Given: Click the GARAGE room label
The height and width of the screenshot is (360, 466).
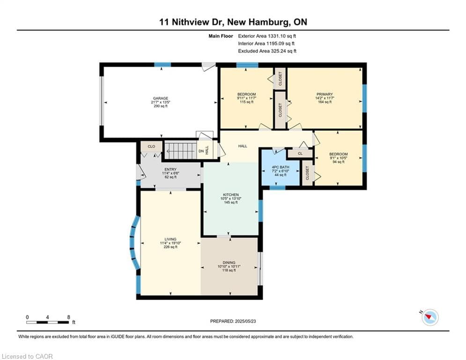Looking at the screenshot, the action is click(x=161, y=98).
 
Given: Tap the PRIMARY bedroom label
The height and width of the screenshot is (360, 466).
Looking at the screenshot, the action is click(x=325, y=94).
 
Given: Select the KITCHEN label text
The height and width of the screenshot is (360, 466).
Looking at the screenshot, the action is click(x=230, y=195).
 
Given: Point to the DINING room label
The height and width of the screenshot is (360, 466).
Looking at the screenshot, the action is click(x=229, y=262).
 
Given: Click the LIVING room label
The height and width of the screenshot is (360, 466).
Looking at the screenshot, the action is click(x=170, y=239).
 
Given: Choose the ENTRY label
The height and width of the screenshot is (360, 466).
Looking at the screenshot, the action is click(x=170, y=170).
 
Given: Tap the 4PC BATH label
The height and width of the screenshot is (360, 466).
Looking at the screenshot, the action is click(x=280, y=167).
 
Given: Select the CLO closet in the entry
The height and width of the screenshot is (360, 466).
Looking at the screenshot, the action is click(x=151, y=146).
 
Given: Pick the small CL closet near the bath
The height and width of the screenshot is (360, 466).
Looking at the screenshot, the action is click(x=300, y=154).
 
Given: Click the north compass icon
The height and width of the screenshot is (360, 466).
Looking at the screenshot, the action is click(x=430, y=317).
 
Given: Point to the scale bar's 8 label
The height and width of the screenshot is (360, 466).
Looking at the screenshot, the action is click(x=69, y=317).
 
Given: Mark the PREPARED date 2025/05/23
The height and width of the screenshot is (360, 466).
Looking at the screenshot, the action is click(x=245, y=321).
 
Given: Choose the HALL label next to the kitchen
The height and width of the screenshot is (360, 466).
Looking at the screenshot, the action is click(x=243, y=146).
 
